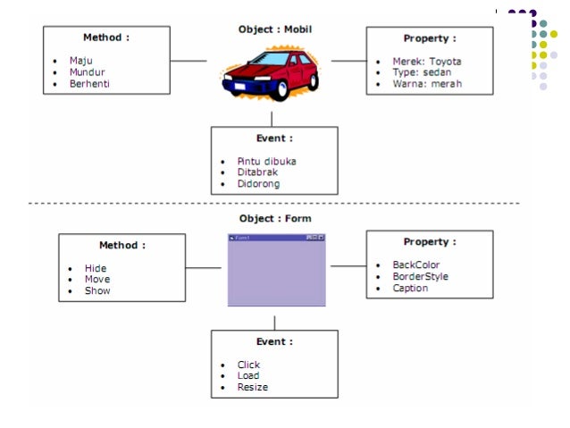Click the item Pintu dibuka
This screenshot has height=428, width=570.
(x=266, y=162)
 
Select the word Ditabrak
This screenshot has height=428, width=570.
(x=258, y=172)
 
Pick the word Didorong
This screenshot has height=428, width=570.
(x=258, y=184)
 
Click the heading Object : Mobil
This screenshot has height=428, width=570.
(x=275, y=29)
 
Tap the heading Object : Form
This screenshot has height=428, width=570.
(x=275, y=218)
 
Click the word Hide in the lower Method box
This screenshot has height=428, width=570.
(x=96, y=268)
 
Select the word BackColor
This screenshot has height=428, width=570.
(x=416, y=265)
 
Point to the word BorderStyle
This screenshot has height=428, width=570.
(x=420, y=277)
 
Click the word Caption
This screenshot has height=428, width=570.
(x=410, y=289)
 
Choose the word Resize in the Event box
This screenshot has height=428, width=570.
(x=252, y=387)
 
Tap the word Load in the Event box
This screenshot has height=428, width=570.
(x=248, y=376)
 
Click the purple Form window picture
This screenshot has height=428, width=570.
(x=276, y=270)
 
